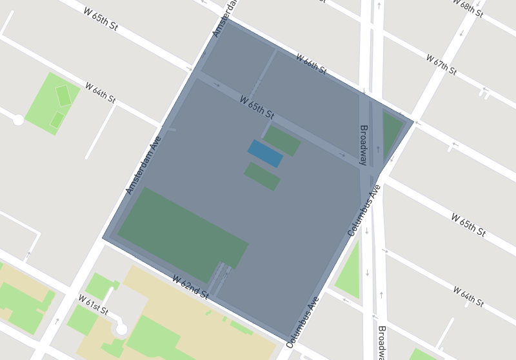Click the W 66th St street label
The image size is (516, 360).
click(311, 64)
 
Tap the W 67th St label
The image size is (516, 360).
click(441, 65)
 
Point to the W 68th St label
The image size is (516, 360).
click(468, 10)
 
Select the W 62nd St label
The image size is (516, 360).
click(190, 286)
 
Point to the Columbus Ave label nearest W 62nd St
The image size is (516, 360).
click(303, 322)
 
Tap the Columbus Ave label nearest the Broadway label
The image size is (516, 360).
click(364, 210)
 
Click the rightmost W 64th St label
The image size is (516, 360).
click(468, 296)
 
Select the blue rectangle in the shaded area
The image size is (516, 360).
click(265, 154)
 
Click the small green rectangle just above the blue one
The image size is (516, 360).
click(282, 140)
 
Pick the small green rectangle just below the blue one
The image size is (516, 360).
click(262, 176)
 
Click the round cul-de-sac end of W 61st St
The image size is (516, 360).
click(121, 329)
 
